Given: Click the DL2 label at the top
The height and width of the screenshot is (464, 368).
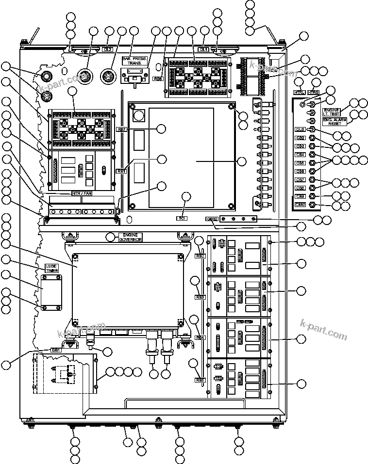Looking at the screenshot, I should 108,49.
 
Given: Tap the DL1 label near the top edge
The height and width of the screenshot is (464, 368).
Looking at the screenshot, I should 204,49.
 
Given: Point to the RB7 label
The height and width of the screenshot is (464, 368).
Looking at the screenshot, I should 122,129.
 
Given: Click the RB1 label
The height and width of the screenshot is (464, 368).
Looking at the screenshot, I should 121,171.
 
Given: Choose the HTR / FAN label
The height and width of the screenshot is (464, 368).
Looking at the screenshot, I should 82,193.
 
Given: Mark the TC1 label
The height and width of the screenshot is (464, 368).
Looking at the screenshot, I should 182,219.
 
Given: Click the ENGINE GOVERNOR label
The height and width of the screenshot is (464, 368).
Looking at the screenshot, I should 130,237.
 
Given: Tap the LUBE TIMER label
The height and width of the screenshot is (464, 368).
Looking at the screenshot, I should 51,269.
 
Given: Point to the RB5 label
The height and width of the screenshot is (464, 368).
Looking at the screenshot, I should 200,380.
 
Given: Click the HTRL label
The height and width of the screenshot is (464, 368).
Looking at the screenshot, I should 300,92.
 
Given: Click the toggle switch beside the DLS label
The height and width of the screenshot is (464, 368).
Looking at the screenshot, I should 313,129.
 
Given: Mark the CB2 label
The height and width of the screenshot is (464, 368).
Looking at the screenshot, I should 300,138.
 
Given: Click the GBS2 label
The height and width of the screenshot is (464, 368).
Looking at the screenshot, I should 211,219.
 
